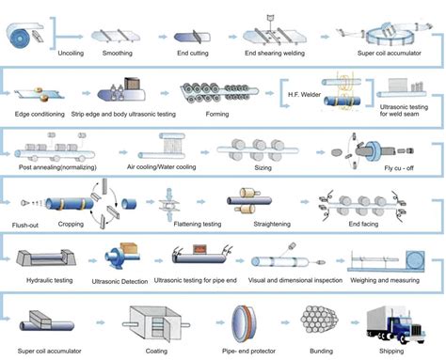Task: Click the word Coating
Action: pos(154,346)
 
